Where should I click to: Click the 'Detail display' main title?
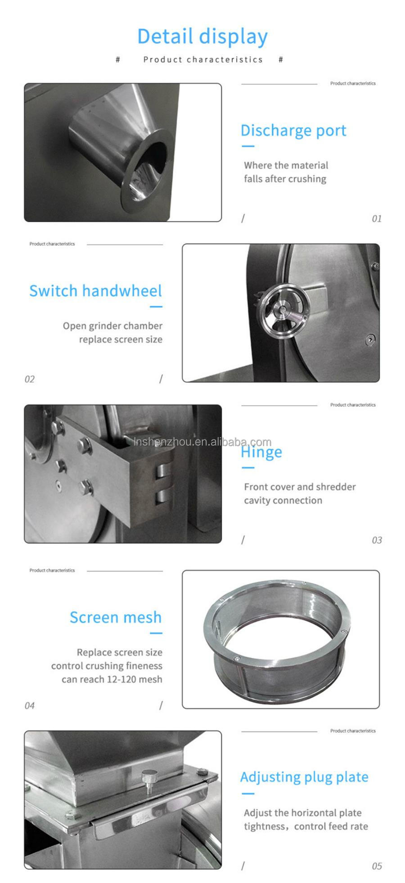[202, 36]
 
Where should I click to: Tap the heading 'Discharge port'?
[293, 131]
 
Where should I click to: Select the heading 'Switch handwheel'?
[95, 291]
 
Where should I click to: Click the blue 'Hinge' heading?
[261, 452]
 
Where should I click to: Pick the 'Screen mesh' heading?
[115, 617]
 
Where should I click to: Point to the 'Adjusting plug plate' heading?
[304, 777]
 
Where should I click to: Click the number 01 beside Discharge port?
[376, 219]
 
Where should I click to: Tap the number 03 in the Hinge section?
[376, 540]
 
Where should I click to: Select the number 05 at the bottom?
[376, 866]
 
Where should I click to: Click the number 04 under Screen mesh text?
[29, 706]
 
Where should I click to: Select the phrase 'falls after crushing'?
[285, 179]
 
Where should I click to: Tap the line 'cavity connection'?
[283, 500]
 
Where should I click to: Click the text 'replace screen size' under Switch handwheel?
[121, 340]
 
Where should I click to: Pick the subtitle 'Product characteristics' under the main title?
[202, 59]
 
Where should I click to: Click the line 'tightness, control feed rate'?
[306, 826]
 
